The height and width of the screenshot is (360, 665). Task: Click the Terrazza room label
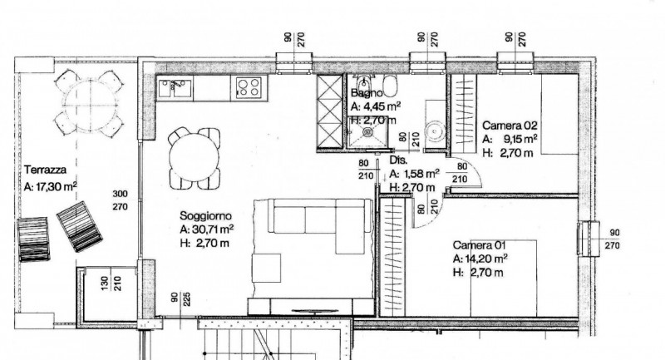tap(46, 170)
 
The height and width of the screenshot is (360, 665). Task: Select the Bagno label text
tap(367, 92)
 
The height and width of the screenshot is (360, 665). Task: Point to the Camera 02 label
tap(510, 125)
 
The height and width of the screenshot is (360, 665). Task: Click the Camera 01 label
tap(479, 245)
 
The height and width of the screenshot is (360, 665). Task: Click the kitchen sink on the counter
tap(175, 88)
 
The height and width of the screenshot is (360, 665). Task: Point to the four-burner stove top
tap(249, 88)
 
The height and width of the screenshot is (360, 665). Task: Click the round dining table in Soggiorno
tap(194, 158)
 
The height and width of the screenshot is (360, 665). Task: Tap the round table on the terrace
tap(90, 103)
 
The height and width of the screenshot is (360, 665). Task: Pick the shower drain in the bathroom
tap(367, 132)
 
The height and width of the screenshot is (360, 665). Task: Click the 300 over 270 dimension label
tap(120, 200)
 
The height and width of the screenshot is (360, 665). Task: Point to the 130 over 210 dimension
tap(111, 283)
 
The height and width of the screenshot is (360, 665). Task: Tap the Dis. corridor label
tap(398, 160)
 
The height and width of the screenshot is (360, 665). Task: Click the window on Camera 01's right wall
tap(589, 239)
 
